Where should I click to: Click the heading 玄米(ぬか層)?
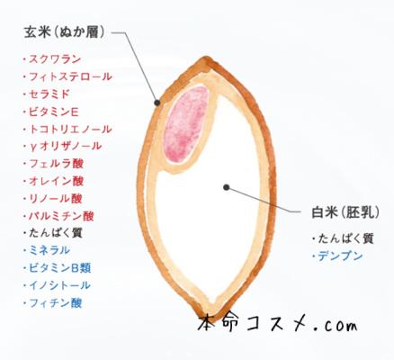coord(65,32)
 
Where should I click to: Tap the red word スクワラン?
coord(55,59)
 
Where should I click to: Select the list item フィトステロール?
coord(70,76)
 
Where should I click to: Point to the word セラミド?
coord(49,94)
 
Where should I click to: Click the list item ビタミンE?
coord(54,112)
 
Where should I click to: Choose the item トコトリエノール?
coord(70,130)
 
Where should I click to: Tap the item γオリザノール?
coord(66,147)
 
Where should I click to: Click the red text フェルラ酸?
coord(56,164)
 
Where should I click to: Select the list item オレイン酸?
coord(56,181)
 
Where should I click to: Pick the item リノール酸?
coord(56,199)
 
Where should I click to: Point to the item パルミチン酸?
coord(61,216)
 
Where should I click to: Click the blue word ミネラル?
coord(49,250)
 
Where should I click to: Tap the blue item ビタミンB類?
coord(60,268)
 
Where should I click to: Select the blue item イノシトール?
coord(59,285)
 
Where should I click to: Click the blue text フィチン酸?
coord(56,303)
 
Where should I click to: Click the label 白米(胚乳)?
coord(345,213)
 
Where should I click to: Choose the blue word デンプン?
coord(340,256)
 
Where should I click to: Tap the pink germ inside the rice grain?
coord(186,123)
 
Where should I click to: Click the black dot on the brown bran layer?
coord(157,103)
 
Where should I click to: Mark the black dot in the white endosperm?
coord(227,187)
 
